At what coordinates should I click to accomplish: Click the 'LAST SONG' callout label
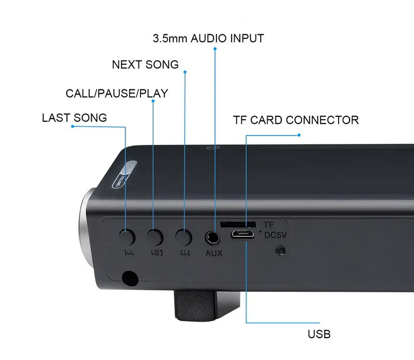tap(74, 118)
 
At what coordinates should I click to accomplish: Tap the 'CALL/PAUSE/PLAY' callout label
tap(117, 93)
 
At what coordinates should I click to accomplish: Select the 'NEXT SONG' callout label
tap(145, 64)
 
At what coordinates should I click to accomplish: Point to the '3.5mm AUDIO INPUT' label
tap(208, 39)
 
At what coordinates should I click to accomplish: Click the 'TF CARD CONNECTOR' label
tap(296, 120)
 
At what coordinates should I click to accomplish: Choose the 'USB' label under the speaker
tap(319, 334)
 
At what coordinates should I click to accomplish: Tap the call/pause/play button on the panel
tap(154, 237)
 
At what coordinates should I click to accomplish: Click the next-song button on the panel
tap(183, 237)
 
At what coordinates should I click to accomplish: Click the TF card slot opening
tap(238, 224)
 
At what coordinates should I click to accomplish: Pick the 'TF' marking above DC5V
tap(269, 224)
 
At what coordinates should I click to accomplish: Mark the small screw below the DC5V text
tap(278, 250)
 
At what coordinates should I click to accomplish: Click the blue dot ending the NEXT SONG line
tap(185, 72)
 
